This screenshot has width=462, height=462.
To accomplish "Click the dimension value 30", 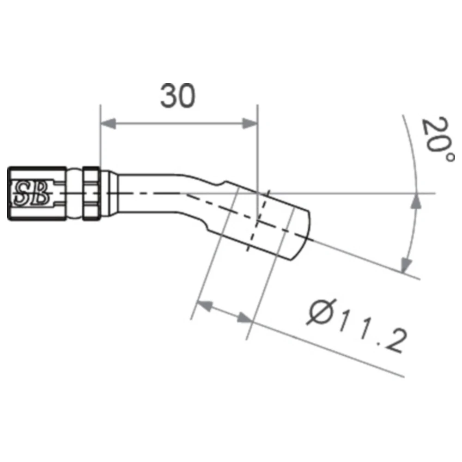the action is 178,96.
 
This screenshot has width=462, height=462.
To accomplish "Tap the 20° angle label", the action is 437,139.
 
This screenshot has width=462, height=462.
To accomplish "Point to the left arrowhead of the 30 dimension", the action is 108,124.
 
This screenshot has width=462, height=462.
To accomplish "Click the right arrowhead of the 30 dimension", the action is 250,124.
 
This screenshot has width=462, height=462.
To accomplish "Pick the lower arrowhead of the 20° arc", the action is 407,265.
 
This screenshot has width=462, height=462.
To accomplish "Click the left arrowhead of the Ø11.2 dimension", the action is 205,305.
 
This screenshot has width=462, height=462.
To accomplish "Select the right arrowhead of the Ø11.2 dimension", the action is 244,318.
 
